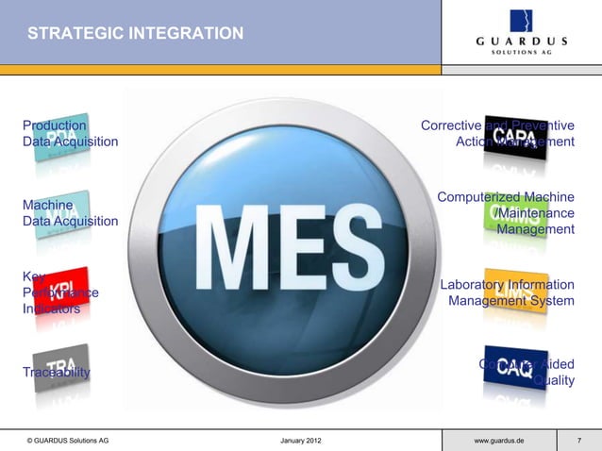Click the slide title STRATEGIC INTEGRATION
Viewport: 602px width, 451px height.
[x=135, y=34]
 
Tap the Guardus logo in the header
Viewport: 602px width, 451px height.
[x=521, y=32]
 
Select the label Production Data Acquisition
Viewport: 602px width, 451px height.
[x=71, y=133]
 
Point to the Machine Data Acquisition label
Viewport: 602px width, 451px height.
[x=71, y=212]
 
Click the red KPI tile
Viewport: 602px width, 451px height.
[x=62, y=289]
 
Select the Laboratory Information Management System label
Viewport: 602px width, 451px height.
[x=508, y=292]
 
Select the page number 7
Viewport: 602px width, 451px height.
[x=579, y=441]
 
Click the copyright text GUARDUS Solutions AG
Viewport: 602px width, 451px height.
[x=68, y=441]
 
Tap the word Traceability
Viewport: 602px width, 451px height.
[x=57, y=372]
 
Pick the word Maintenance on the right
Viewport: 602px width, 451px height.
[x=541, y=213]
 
